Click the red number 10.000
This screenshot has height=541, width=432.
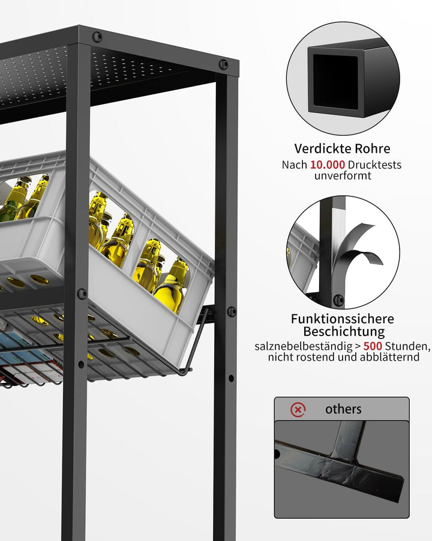pyautogui.click(x=327, y=165)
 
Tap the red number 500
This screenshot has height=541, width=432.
pyautogui.click(x=373, y=346)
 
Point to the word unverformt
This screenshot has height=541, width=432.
pyautogui.click(x=343, y=176)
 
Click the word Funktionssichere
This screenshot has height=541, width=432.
pyautogui.click(x=343, y=319)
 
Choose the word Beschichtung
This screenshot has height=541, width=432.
pyautogui.click(x=344, y=332)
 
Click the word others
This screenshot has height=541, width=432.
pyautogui.click(x=343, y=409)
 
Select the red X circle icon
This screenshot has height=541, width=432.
pyautogui.click(x=298, y=409)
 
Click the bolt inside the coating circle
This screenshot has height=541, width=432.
pyautogui.click(x=338, y=300)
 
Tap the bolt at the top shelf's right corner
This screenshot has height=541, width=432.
pyautogui.click(x=224, y=64)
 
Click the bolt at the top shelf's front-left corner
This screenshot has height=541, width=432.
pyautogui.click(x=97, y=37)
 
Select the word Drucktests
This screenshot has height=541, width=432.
pyautogui.click(x=374, y=165)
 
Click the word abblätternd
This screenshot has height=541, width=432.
pyautogui.click(x=389, y=356)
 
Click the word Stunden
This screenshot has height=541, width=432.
pyautogui.click(x=407, y=346)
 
